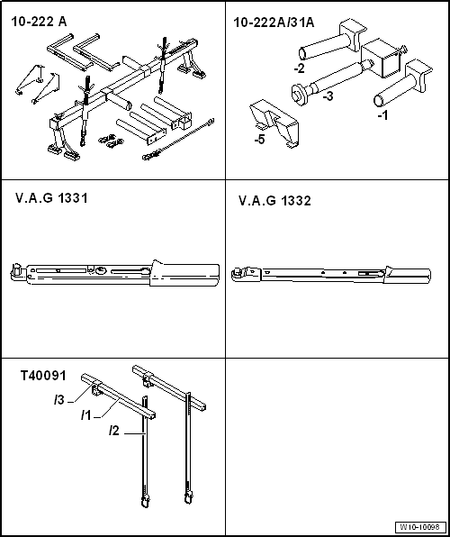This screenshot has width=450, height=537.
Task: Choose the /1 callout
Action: [x=86, y=415]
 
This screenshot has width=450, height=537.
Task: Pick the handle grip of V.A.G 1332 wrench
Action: [x=409, y=272]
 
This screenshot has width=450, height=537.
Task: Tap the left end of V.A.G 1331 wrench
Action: [x=16, y=271]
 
